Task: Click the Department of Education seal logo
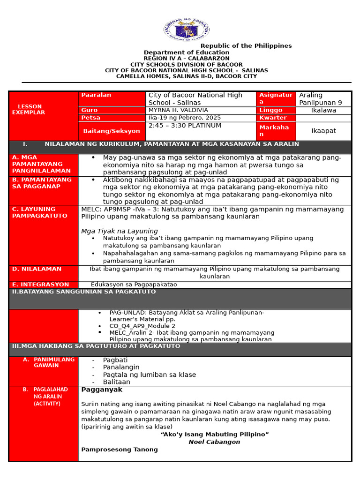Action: click(x=186, y=30)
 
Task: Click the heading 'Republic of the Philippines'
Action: click(x=246, y=46)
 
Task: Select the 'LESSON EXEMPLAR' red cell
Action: click(x=29, y=110)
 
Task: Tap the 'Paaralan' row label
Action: click(x=96, y=95)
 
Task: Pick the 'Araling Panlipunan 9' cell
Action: click(x=321, y=98)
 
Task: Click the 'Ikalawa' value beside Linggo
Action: click(x=323, y=110)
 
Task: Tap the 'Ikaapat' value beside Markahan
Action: click(x=323, y=131)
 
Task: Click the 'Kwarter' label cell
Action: click(x=273, y=118)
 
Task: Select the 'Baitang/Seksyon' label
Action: click(x=112, y=131)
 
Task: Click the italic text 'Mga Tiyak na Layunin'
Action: click(x=120, y=231)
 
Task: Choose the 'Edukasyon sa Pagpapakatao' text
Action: click(x=134, y=285)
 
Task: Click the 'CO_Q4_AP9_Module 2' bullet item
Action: click(x=142, y=326)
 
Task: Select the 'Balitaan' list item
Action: click(x=117, y=382)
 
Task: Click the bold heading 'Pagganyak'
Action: click(x=102, y=390)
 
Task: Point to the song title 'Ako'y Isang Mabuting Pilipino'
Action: click(x=215, y=435)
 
